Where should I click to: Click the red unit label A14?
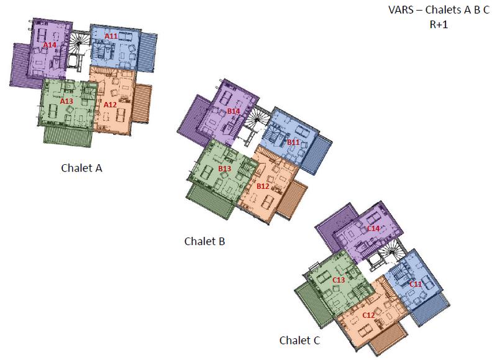[x=50, y=45]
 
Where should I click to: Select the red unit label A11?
[x=111, y=36]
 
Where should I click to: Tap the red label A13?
[x=67, y=100]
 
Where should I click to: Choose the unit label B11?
[x=293, y=142]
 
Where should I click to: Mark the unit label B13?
[x=225, y=168]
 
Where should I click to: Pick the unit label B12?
[x=263, y=186]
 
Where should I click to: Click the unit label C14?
[x=373, y=228]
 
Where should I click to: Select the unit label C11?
[x=415, y=284]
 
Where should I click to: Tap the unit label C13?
[x=339, y=280]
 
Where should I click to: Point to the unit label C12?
[x=368, y=315]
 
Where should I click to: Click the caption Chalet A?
[x=82, y=167]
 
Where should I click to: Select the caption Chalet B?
[x=204, y=241]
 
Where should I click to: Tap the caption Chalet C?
[x=301, y=341]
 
